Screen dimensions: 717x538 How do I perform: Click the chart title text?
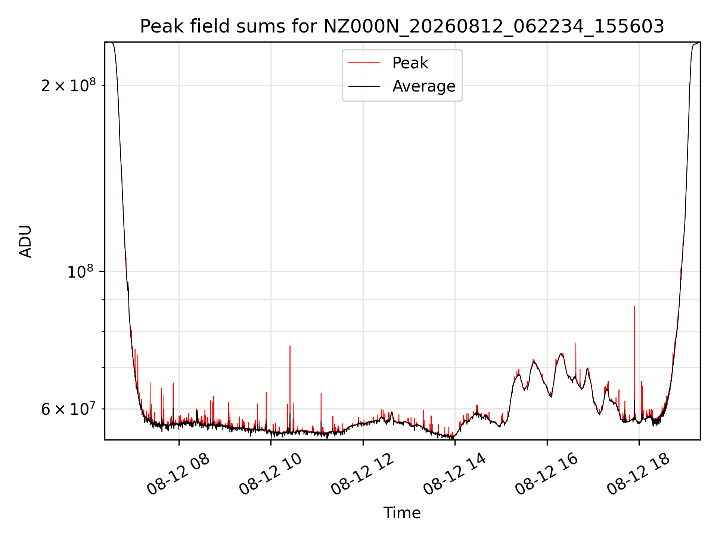(402, 27)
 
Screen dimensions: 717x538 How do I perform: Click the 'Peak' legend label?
(410, 63)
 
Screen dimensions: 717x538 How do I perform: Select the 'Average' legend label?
(424, 86)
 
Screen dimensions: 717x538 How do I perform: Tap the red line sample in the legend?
(364, 63)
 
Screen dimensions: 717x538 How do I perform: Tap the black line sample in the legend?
(364, 87)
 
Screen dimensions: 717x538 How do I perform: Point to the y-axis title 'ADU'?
(25, 241)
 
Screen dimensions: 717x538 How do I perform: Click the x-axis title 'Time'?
(402, 513)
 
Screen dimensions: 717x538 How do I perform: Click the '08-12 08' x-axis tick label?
(179, 474)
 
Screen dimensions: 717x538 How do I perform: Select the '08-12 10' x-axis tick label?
(271, 474)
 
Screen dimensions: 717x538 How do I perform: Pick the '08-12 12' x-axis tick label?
(363, 474)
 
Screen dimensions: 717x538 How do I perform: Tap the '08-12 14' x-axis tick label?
(455, 474)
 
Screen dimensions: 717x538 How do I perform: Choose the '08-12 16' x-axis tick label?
(547, 474)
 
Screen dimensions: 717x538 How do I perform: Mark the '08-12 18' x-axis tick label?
(639, 474)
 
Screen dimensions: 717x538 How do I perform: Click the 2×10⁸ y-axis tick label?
(68, 86)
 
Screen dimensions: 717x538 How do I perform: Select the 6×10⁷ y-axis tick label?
(68, 409)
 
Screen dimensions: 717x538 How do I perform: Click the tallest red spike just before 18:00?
(634, 359)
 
